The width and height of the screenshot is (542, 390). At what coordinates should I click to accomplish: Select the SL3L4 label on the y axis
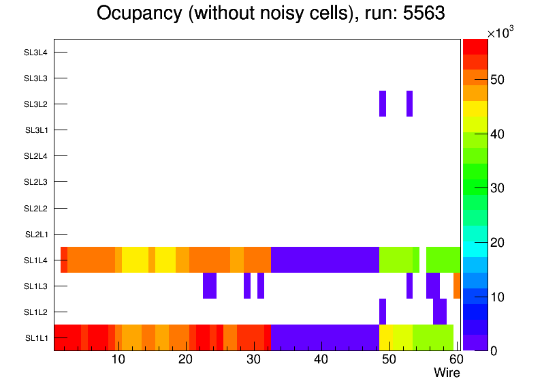(35, 52)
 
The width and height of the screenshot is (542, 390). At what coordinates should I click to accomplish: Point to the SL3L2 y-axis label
(35, 104)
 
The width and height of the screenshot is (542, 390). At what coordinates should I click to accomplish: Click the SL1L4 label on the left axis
(35, 260)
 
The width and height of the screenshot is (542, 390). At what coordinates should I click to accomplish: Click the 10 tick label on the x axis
(118, 360)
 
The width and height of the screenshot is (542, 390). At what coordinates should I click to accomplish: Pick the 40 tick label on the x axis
(321, 360)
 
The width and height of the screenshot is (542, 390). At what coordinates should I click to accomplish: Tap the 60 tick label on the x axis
(455, 360)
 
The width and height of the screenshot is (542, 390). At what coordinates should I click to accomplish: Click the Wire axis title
(447, 373)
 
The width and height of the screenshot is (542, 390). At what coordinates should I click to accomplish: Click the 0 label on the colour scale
(492, 350)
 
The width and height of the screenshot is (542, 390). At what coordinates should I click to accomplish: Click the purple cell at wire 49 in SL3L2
(383, 104)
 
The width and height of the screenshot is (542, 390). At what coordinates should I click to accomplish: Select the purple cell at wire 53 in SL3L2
(409, 104)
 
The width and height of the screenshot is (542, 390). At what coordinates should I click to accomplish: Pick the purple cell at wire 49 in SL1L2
(383, 312)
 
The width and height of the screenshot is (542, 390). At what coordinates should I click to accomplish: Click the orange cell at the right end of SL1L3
(457, 286)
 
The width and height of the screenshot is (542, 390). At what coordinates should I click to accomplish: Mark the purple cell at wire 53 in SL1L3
(409, 286)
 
